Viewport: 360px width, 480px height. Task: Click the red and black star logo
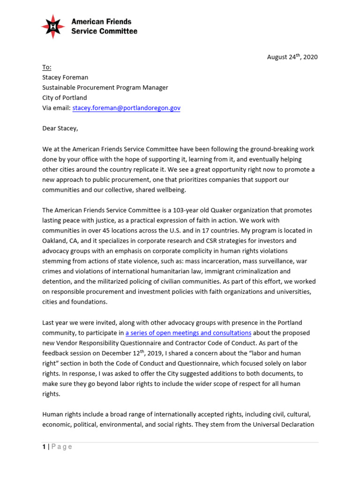(53, 26)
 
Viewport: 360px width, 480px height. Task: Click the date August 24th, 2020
(292, 57)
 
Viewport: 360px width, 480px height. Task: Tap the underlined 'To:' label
(47, 67)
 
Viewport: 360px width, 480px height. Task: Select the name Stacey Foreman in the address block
(65, 77)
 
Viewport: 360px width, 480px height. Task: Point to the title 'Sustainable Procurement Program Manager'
(105, 88)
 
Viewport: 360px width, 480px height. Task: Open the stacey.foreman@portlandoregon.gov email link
(126, 108)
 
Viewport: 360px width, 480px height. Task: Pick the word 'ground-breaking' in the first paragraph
(252, 149)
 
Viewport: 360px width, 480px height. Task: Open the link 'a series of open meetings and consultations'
(188, 333)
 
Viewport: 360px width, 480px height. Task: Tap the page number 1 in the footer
(44, 447)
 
